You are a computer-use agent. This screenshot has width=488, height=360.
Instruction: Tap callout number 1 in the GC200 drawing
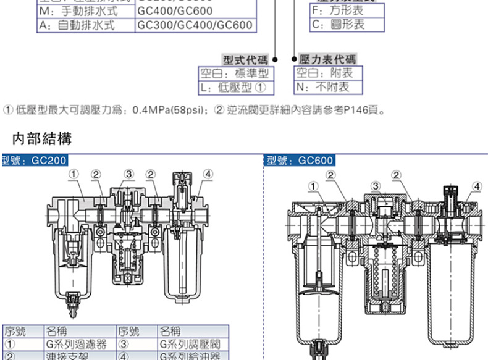74,174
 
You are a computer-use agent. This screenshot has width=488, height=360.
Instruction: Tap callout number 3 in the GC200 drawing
128,174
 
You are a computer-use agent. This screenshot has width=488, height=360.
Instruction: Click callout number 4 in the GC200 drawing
208,174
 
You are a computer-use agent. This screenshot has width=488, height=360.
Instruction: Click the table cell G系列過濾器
77,344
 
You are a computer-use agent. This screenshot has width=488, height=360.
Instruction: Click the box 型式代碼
245,60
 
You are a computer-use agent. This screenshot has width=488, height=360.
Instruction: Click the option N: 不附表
323,86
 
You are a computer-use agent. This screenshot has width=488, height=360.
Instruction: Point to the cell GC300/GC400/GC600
195,25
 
